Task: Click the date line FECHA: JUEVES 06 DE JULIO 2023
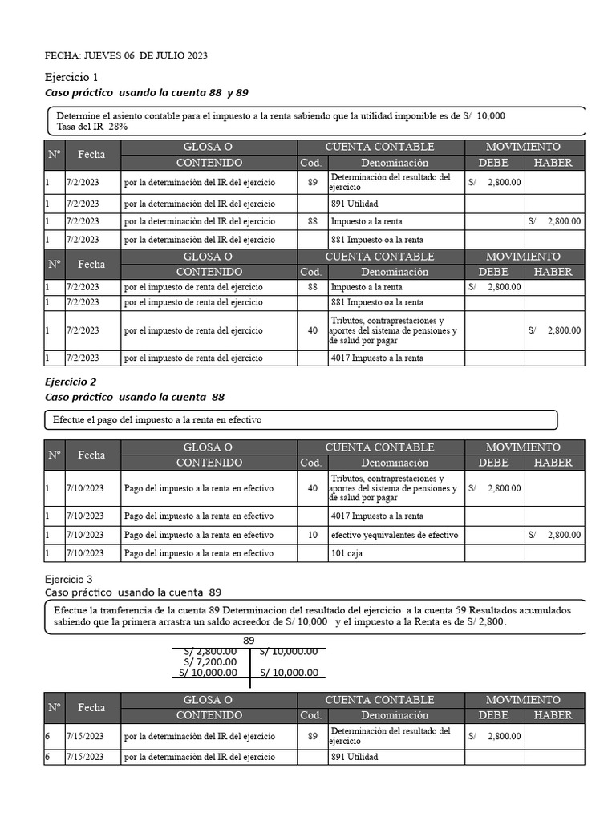[126, 55]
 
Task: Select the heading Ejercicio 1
[71, 78]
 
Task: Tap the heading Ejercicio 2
[71, 382]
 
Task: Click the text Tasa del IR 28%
[92, 127]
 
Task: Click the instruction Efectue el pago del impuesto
[157, 419]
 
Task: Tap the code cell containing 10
[312, 535]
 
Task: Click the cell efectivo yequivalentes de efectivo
[395, 535]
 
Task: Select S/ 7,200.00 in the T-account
[210, 661]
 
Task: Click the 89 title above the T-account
[249, 640]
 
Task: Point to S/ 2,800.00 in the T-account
[210, 651]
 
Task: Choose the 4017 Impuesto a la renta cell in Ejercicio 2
[377, 516]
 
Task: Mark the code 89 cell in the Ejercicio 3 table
[312, 735]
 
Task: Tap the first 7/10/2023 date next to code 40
[84, 487]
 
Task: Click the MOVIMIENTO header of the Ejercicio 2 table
[524, 447]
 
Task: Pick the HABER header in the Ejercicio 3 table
[553, 715]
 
